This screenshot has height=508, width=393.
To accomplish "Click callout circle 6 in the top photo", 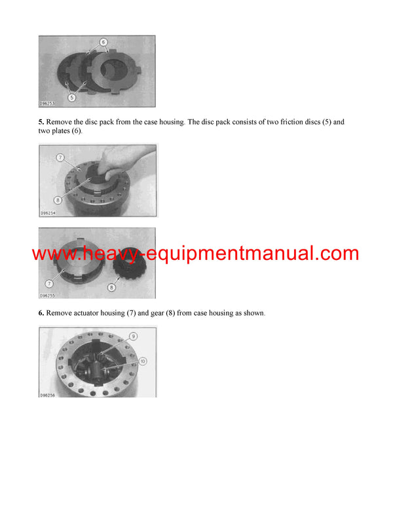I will [103, 41].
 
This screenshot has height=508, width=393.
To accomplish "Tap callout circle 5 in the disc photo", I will [72, 98].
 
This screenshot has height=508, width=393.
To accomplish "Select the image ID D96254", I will [49, 213].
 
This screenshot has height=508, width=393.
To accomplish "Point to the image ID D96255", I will [49, 295].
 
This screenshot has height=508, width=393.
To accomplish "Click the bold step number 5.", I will [41, 122].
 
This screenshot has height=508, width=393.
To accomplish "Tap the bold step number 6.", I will [41, 313].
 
